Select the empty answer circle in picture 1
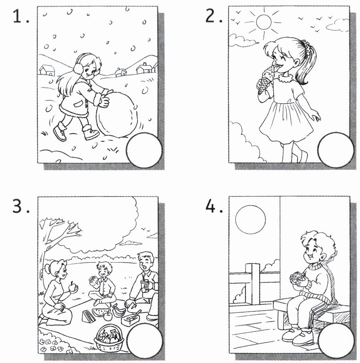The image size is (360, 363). pos(144,150)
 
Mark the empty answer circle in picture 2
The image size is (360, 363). pos(336,150)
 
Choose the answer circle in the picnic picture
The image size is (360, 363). pos(144,341)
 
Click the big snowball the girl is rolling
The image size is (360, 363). pos(117,115)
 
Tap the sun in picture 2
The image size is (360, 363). pos(264,22)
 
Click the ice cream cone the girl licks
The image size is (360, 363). pos(265,81)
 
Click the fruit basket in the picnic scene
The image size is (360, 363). pos(109,338)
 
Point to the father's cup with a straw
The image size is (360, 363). pos(146,285)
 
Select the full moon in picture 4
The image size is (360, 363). pos(250,219)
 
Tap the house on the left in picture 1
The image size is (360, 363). pos(47,70)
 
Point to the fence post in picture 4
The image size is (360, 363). pos(252,284)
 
